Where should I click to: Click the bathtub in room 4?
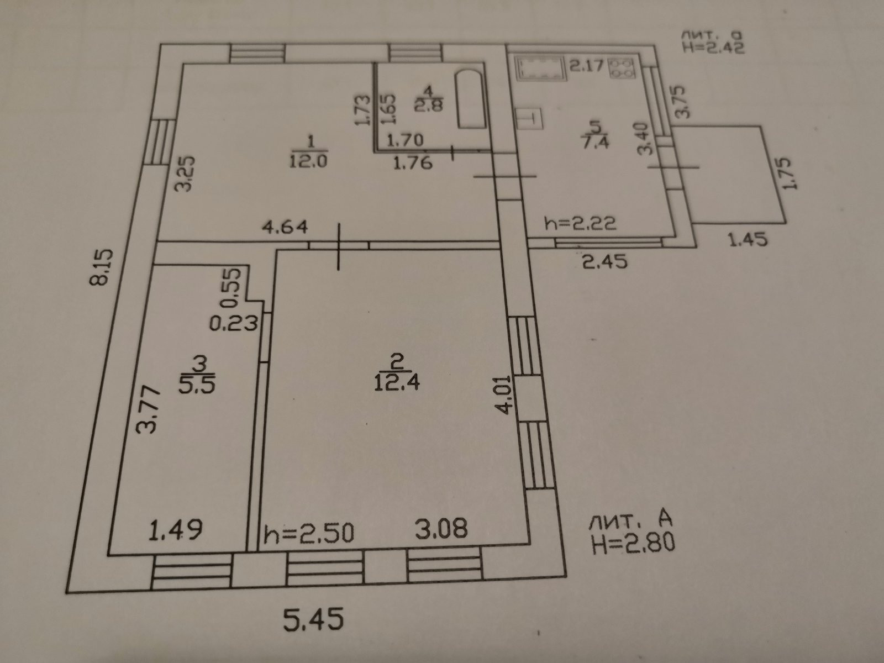(471, 99)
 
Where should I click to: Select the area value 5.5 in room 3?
(196, 382)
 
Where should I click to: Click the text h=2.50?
(308, 534)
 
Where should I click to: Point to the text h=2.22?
(580, 224)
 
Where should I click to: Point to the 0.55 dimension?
(233, 286)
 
